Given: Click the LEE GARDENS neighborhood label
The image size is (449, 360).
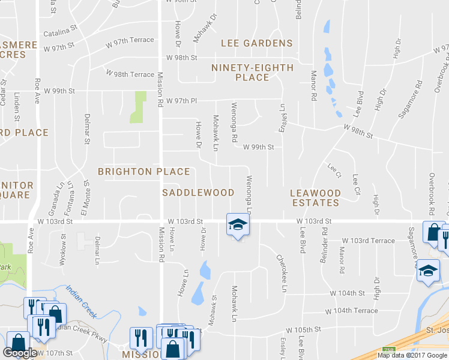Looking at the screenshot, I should tap(256, 43).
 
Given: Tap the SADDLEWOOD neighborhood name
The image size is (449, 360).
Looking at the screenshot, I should tap(199, 193).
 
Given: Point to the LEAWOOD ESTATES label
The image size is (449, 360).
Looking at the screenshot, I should tap(315, 198).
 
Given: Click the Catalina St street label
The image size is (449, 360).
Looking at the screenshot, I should tap(61, 28).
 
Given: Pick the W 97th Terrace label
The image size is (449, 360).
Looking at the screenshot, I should tap(130, 40).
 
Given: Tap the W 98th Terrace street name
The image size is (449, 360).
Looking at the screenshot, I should tap(130, 74).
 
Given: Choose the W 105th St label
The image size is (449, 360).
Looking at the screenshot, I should tap(304, 330).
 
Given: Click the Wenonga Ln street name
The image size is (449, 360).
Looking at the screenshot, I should tap(248, 196).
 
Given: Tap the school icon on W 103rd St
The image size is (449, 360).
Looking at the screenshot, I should tap(237, 225).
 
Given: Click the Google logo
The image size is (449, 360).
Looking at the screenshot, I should tap(20, 353).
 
